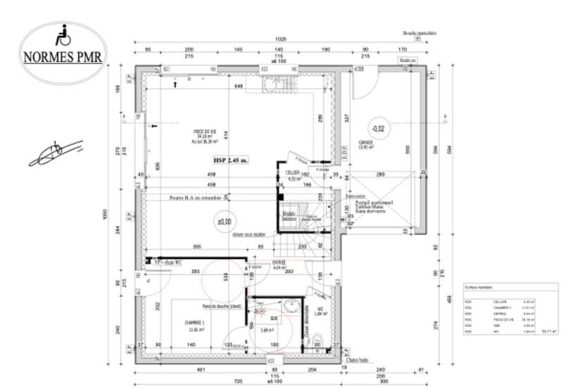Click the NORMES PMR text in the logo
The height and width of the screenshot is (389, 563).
[x=63, y=57]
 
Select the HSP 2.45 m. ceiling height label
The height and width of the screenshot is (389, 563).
[x=232, y=160]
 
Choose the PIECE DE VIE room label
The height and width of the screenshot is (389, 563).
[x=205, y=132]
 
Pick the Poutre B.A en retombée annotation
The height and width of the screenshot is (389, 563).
[x=196, y=198]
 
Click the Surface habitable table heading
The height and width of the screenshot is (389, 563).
[x=479, y=288]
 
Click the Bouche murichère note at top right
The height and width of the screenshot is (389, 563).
[x=420, y=33]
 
